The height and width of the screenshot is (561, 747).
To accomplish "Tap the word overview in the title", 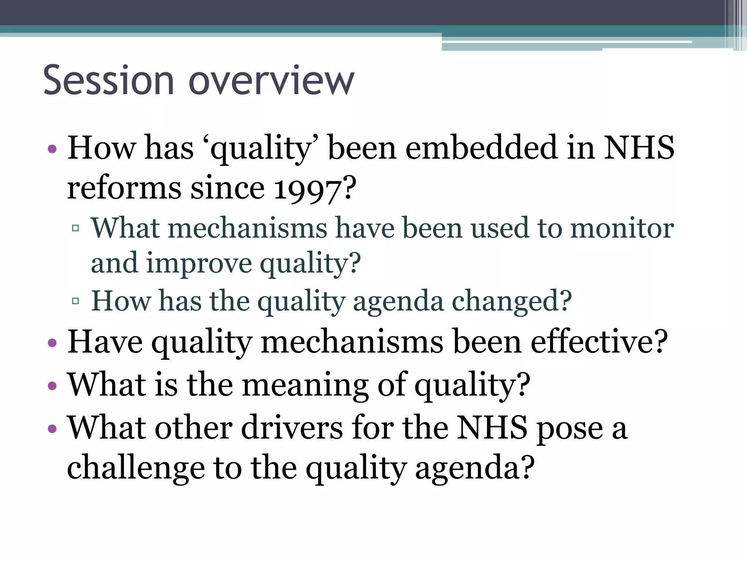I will (x=271, y=80).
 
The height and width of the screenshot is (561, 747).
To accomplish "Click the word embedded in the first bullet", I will (x=481, y=148).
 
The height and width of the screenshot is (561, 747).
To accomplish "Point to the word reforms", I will (x=124, y=189).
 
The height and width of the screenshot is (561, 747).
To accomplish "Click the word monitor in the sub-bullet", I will (x=622, y=228).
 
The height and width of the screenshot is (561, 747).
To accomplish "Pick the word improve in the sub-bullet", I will (x=199, y=264).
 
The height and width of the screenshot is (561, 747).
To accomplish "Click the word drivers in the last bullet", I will (x=292, y=428).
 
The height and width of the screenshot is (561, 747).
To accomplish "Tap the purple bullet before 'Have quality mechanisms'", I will (x=52, y=343).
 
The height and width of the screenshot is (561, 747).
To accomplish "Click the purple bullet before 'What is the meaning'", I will (x=52, y=386).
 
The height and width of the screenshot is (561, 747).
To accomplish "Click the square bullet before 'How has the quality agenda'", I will (x=76, y=301).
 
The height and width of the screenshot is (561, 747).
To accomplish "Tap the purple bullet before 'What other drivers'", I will (x=52, y=428).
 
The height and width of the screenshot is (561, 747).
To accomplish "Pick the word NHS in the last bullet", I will (x=492, y=428).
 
